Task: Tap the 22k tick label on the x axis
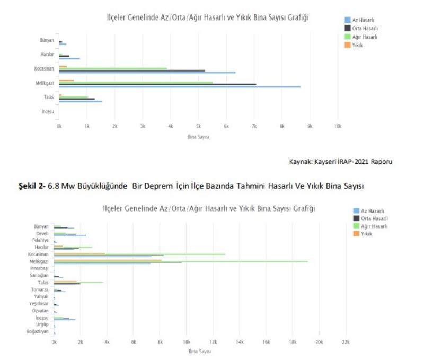pos(346,343)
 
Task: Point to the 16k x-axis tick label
pos(266,343)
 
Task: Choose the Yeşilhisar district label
pos(39,304)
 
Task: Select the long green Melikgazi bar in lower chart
pos(180,261)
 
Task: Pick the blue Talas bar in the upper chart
pos(80,101)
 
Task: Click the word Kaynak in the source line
pos(299,161)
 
